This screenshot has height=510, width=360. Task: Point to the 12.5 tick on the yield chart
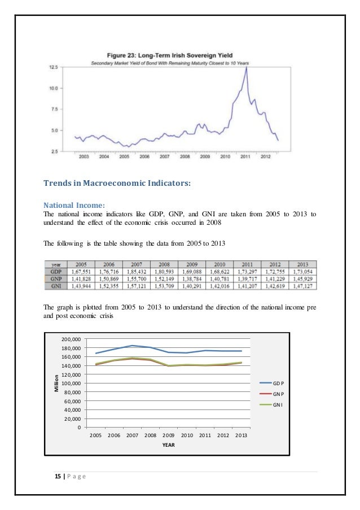click(54, 67)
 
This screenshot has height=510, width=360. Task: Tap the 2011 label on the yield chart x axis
click(245, 157)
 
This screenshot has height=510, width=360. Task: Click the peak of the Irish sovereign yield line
click(247, 68)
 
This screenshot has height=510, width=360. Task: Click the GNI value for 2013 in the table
click(302, 286)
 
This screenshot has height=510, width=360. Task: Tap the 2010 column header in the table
click(219, 263)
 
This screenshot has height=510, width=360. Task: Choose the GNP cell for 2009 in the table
click(192, 278)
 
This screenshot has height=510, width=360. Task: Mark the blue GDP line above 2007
click(132, 346)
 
